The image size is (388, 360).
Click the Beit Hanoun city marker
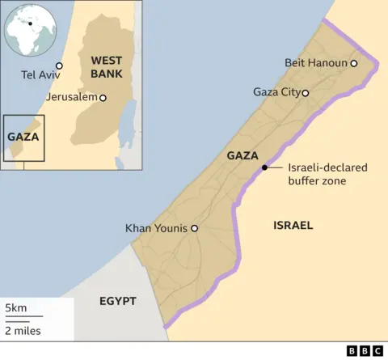353,63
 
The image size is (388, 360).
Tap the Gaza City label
276,92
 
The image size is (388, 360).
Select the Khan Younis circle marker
194,229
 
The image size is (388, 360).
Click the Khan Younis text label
157,229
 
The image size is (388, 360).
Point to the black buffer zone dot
264,167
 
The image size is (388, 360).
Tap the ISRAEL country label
292,225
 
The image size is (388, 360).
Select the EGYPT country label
117,301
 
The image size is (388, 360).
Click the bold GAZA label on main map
242,155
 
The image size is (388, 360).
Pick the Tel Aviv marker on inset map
59,66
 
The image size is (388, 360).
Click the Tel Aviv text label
39,76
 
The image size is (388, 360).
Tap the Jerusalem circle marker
102,97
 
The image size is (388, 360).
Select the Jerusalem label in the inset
73,97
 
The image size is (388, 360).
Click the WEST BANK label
106,66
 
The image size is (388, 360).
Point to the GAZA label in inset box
23,137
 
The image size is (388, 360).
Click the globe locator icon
31,31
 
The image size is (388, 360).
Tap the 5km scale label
15,309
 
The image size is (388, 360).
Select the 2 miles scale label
23,330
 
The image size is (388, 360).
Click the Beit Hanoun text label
316,63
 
